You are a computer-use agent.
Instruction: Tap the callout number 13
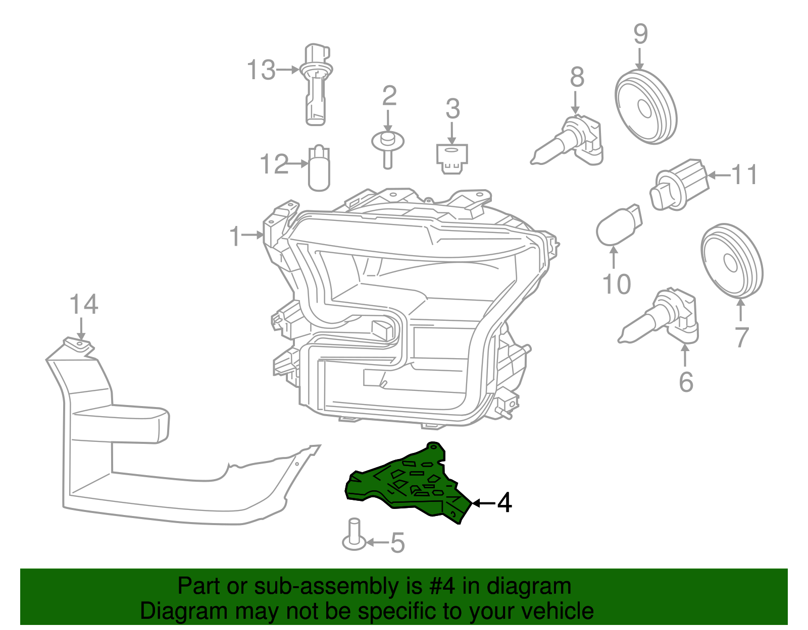click(x=261, y=70)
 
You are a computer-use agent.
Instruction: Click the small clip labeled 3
click(x=452, y=157)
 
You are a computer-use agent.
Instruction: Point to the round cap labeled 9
click(x=645, y=107)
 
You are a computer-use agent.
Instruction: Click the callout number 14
click(x=83, y=305)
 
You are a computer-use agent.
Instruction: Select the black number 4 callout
click(x=504, y=503)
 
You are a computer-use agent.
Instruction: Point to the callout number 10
click(x=617, y=284)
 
